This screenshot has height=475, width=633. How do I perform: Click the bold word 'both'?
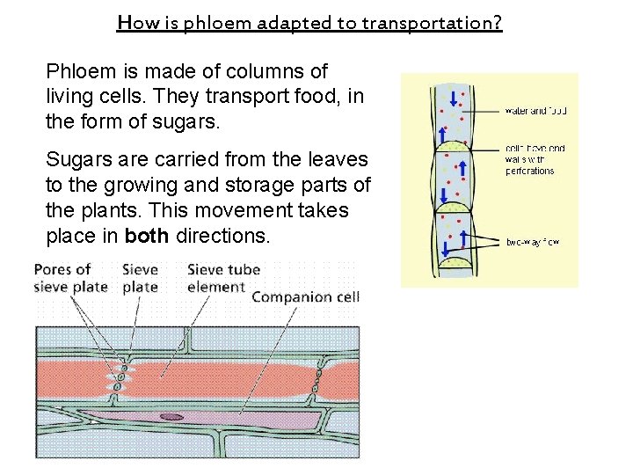coord(148,236)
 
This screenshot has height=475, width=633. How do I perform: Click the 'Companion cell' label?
coord(305,297)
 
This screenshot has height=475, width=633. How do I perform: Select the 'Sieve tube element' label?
coord(224,277)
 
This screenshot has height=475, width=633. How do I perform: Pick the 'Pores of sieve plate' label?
coord(70,277)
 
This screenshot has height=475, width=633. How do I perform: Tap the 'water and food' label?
coord(535,111)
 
